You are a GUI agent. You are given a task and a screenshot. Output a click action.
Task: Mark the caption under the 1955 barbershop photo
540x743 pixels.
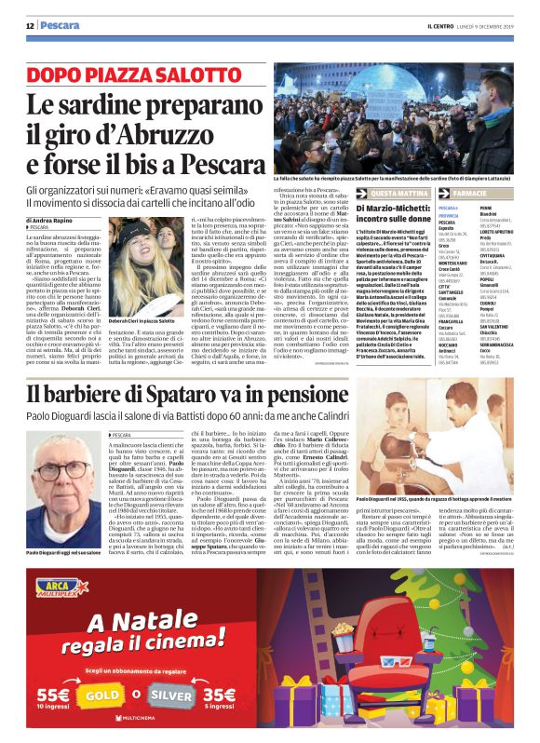pos(447,526)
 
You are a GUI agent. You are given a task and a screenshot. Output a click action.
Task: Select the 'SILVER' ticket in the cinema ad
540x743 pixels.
pos(178,693)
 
